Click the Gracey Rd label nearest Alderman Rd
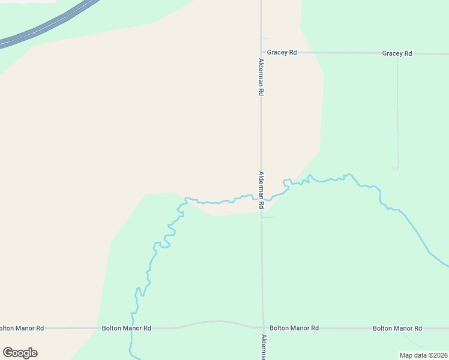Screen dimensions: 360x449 pos(282,53)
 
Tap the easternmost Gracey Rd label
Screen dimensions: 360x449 pos(397,53)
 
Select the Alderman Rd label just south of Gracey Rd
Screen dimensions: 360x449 pos(261,77)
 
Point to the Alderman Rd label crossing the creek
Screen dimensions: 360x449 pos(261,190)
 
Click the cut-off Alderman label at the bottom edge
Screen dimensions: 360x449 pos(262,347)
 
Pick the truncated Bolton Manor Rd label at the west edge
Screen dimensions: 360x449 pos(22,328)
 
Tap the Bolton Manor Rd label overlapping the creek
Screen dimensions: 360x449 pos(126,328)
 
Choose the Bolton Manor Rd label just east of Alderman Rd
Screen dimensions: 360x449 pos(294,328)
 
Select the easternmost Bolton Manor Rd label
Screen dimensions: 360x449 pos(397,328)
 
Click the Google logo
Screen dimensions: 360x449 pos(20,353)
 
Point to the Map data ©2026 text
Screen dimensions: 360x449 pos(423,355)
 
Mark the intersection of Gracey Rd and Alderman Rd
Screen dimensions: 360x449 pos(261,53)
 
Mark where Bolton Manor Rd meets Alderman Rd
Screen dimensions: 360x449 pos(262,328)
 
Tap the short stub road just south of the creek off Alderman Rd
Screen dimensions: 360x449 pos(268,217)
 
